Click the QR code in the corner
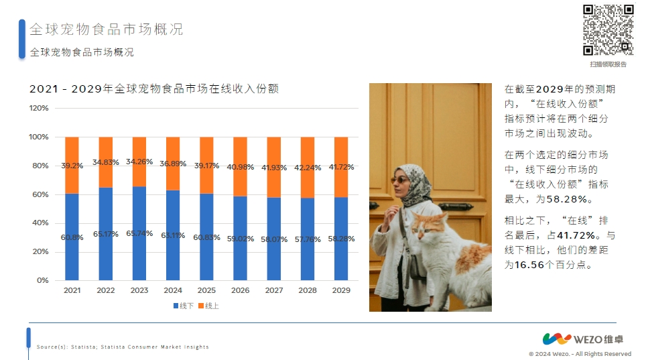coord(608,30)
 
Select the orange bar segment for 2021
coord(72,166)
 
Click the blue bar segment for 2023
coord(139,233)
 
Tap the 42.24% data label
coord(308,168)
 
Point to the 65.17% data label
coord(105,234)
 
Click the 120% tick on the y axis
coord(39,108)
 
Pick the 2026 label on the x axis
coord(240,290)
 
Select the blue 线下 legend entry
coord(184,306)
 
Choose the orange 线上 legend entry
coord(209,306)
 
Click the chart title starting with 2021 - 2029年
coord(154,88)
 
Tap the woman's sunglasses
coord(399,180)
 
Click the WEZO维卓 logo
coord(583,339)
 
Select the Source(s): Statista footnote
coord(123,347)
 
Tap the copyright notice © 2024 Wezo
coord(580,354)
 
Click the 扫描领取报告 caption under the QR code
coord(608,64)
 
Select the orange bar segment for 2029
coord(341,167)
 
